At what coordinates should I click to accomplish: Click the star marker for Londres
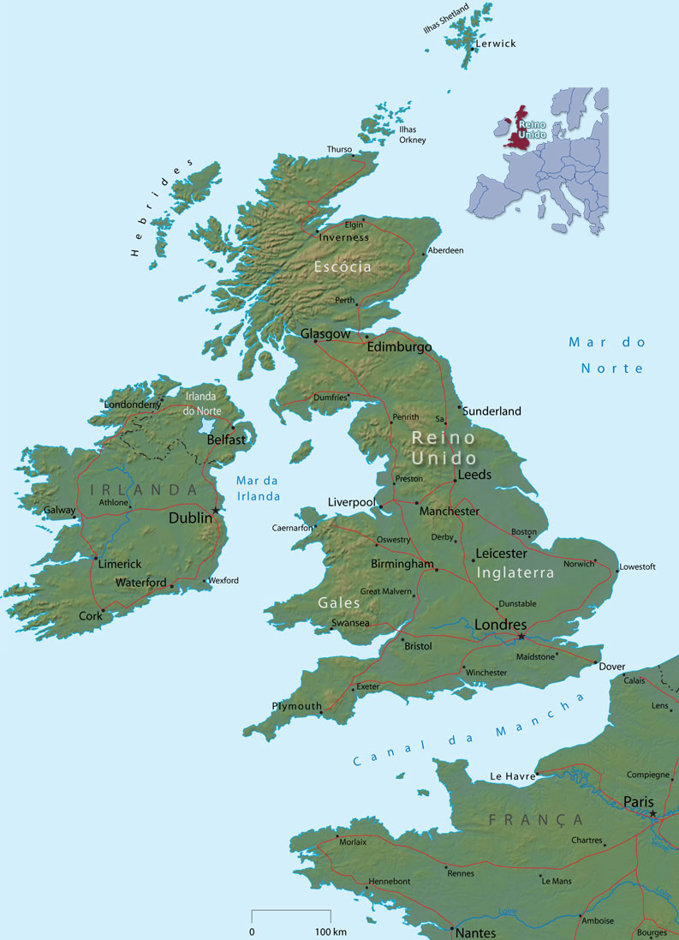521,637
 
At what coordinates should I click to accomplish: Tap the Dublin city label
190,518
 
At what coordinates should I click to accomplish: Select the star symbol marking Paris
652,814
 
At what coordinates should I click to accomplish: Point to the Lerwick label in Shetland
496,44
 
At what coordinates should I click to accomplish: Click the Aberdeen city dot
423,254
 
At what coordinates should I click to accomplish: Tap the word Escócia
342,267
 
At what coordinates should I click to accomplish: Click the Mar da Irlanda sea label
258,488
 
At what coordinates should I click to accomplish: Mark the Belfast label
227,440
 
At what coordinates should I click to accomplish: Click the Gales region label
339,603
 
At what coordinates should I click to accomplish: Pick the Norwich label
579,564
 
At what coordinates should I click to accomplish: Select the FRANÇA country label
536,820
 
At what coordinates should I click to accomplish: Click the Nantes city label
476,932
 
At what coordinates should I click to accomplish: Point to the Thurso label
339,149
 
